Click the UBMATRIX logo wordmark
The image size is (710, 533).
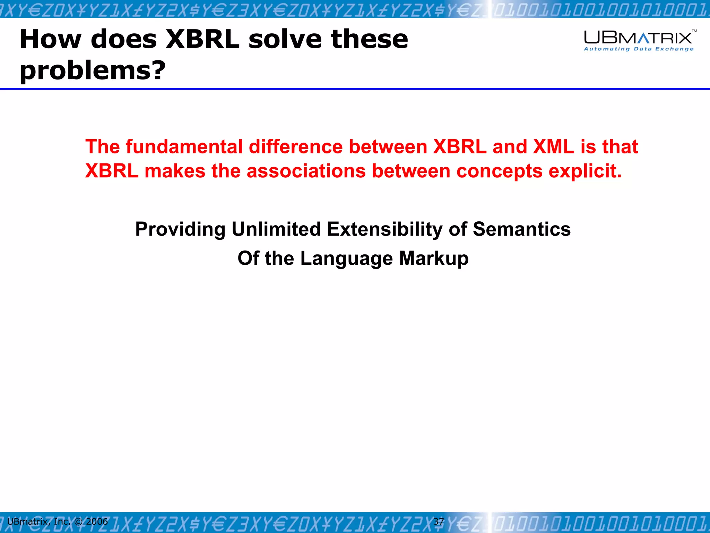tap(638, 37)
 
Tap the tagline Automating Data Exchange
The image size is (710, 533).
tap(639, 49)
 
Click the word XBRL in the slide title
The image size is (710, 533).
tap(203, 39)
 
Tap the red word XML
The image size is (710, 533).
tap(554, 146)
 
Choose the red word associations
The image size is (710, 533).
tap(306, 171)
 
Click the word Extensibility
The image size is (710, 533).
tap(384, 229)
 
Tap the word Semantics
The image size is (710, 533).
tap(521, 229)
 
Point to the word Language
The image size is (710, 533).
tap(346, 259)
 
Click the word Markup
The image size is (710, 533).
tap(434, 259)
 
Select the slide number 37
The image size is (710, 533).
tap(439, 521)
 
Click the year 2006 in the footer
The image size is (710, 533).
tap(97, 521)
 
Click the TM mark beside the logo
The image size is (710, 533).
tap(694, 31)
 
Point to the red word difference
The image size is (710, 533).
tap(296, 146)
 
